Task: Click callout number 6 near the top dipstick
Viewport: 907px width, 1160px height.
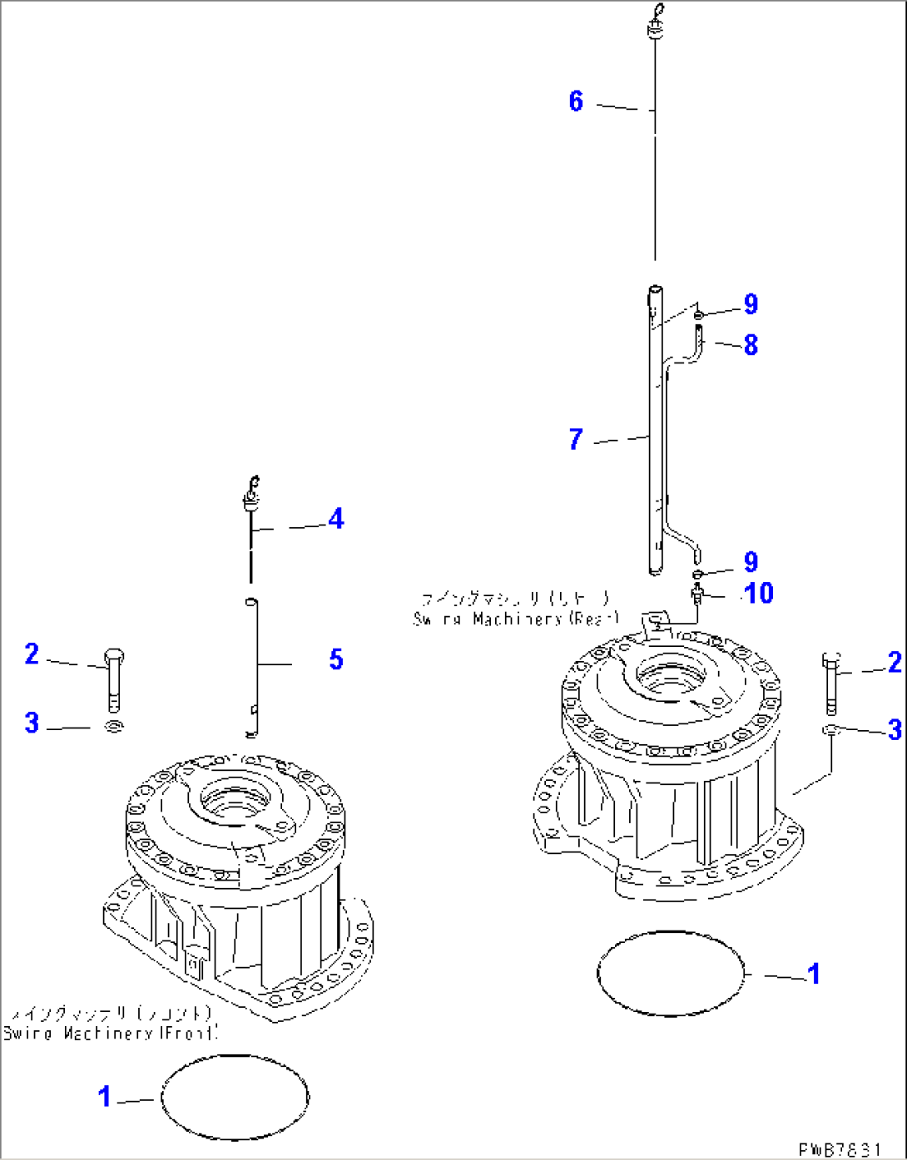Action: [576, 101]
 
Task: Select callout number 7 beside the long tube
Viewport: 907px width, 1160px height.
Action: [576, 439]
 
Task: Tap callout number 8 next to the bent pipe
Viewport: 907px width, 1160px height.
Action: [751, 344]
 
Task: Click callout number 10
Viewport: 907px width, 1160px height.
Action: [758, 593]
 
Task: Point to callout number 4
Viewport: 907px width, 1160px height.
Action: [335, 519]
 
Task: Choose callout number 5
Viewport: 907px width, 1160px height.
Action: [335, 659]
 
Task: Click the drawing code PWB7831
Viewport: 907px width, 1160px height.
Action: [838, 1149]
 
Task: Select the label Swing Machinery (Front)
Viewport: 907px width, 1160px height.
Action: [110, 1033]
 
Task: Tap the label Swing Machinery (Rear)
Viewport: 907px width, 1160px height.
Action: [516, 619]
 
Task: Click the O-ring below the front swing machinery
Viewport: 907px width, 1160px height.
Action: [235, 1097]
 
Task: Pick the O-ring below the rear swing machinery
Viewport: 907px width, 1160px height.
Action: [672, 973]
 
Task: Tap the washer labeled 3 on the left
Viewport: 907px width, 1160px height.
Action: [114, 727]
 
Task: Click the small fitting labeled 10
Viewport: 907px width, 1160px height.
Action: [696, 594]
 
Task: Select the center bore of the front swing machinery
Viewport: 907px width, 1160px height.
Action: [236, 800]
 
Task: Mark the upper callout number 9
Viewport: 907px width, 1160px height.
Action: [751, 304]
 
